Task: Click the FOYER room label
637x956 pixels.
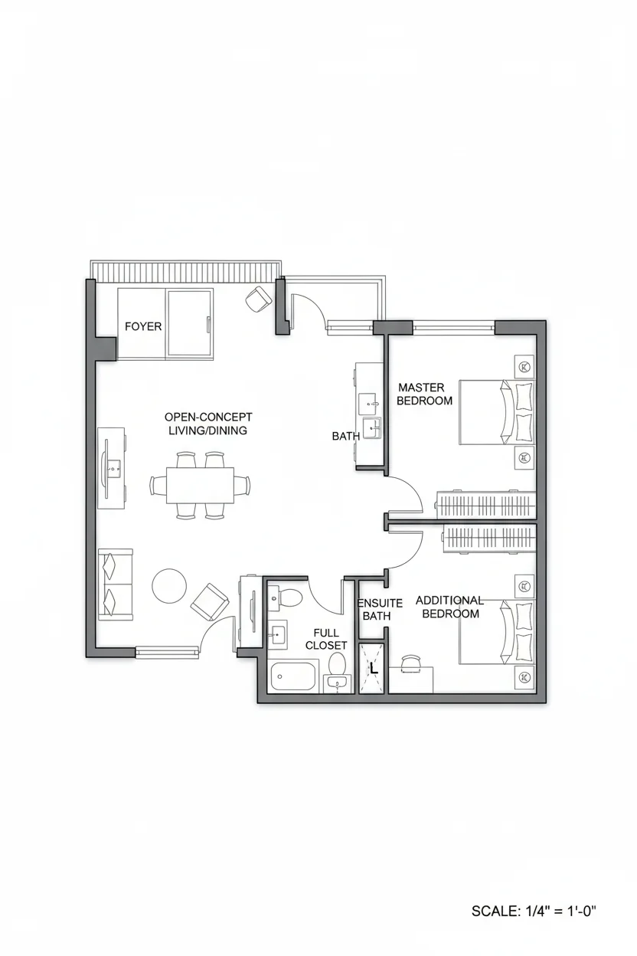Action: (143, 326)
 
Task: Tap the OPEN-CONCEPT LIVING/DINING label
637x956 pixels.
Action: (208, 424)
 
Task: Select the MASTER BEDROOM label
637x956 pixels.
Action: (424, 394)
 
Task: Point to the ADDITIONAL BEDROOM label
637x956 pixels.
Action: (449, 607)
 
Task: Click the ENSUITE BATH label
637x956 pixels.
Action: (379, 610)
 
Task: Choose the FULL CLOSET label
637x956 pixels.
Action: (326, 639)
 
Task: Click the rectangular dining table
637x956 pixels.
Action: (200, 485)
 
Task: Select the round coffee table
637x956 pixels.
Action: (169, 585)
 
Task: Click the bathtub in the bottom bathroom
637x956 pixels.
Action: (293, 676)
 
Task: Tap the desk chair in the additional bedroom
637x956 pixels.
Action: (410, 662)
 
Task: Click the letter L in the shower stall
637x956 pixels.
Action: (374, 668)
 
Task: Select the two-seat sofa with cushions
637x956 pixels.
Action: (115, 584)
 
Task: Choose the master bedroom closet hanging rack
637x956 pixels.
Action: (486, 506)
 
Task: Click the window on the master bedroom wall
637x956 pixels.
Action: (453, 328)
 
